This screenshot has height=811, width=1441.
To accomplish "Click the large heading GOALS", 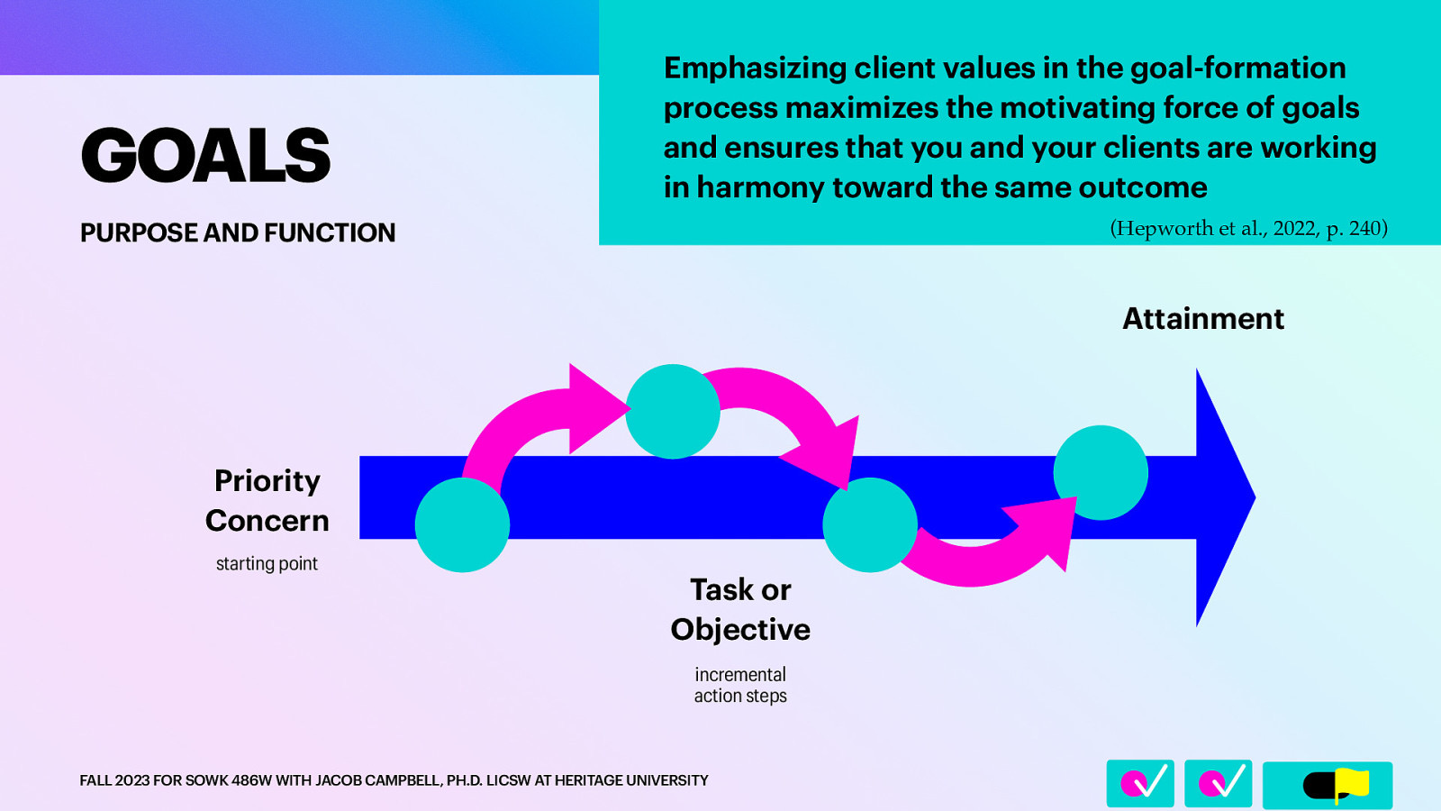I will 205,155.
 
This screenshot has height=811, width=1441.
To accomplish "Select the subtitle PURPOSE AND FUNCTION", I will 238,232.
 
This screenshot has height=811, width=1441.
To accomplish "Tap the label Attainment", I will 1202,319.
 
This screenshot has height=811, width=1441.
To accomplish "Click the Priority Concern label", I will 267,500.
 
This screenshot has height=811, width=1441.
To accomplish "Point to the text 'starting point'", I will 267,564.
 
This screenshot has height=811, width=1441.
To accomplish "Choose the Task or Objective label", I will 740,609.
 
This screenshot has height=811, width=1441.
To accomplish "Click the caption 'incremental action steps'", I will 740,685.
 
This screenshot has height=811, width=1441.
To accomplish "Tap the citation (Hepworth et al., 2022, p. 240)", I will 1248,228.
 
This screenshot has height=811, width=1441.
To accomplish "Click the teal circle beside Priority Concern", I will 462,524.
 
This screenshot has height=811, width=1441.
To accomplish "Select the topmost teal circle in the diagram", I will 672,411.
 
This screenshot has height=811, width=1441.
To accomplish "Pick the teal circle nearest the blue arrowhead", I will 1100,472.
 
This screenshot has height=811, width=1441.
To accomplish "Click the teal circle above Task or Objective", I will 869,524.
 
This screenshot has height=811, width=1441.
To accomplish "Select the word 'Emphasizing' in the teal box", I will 755,68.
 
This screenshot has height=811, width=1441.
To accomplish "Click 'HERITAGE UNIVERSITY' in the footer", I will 631,780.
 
